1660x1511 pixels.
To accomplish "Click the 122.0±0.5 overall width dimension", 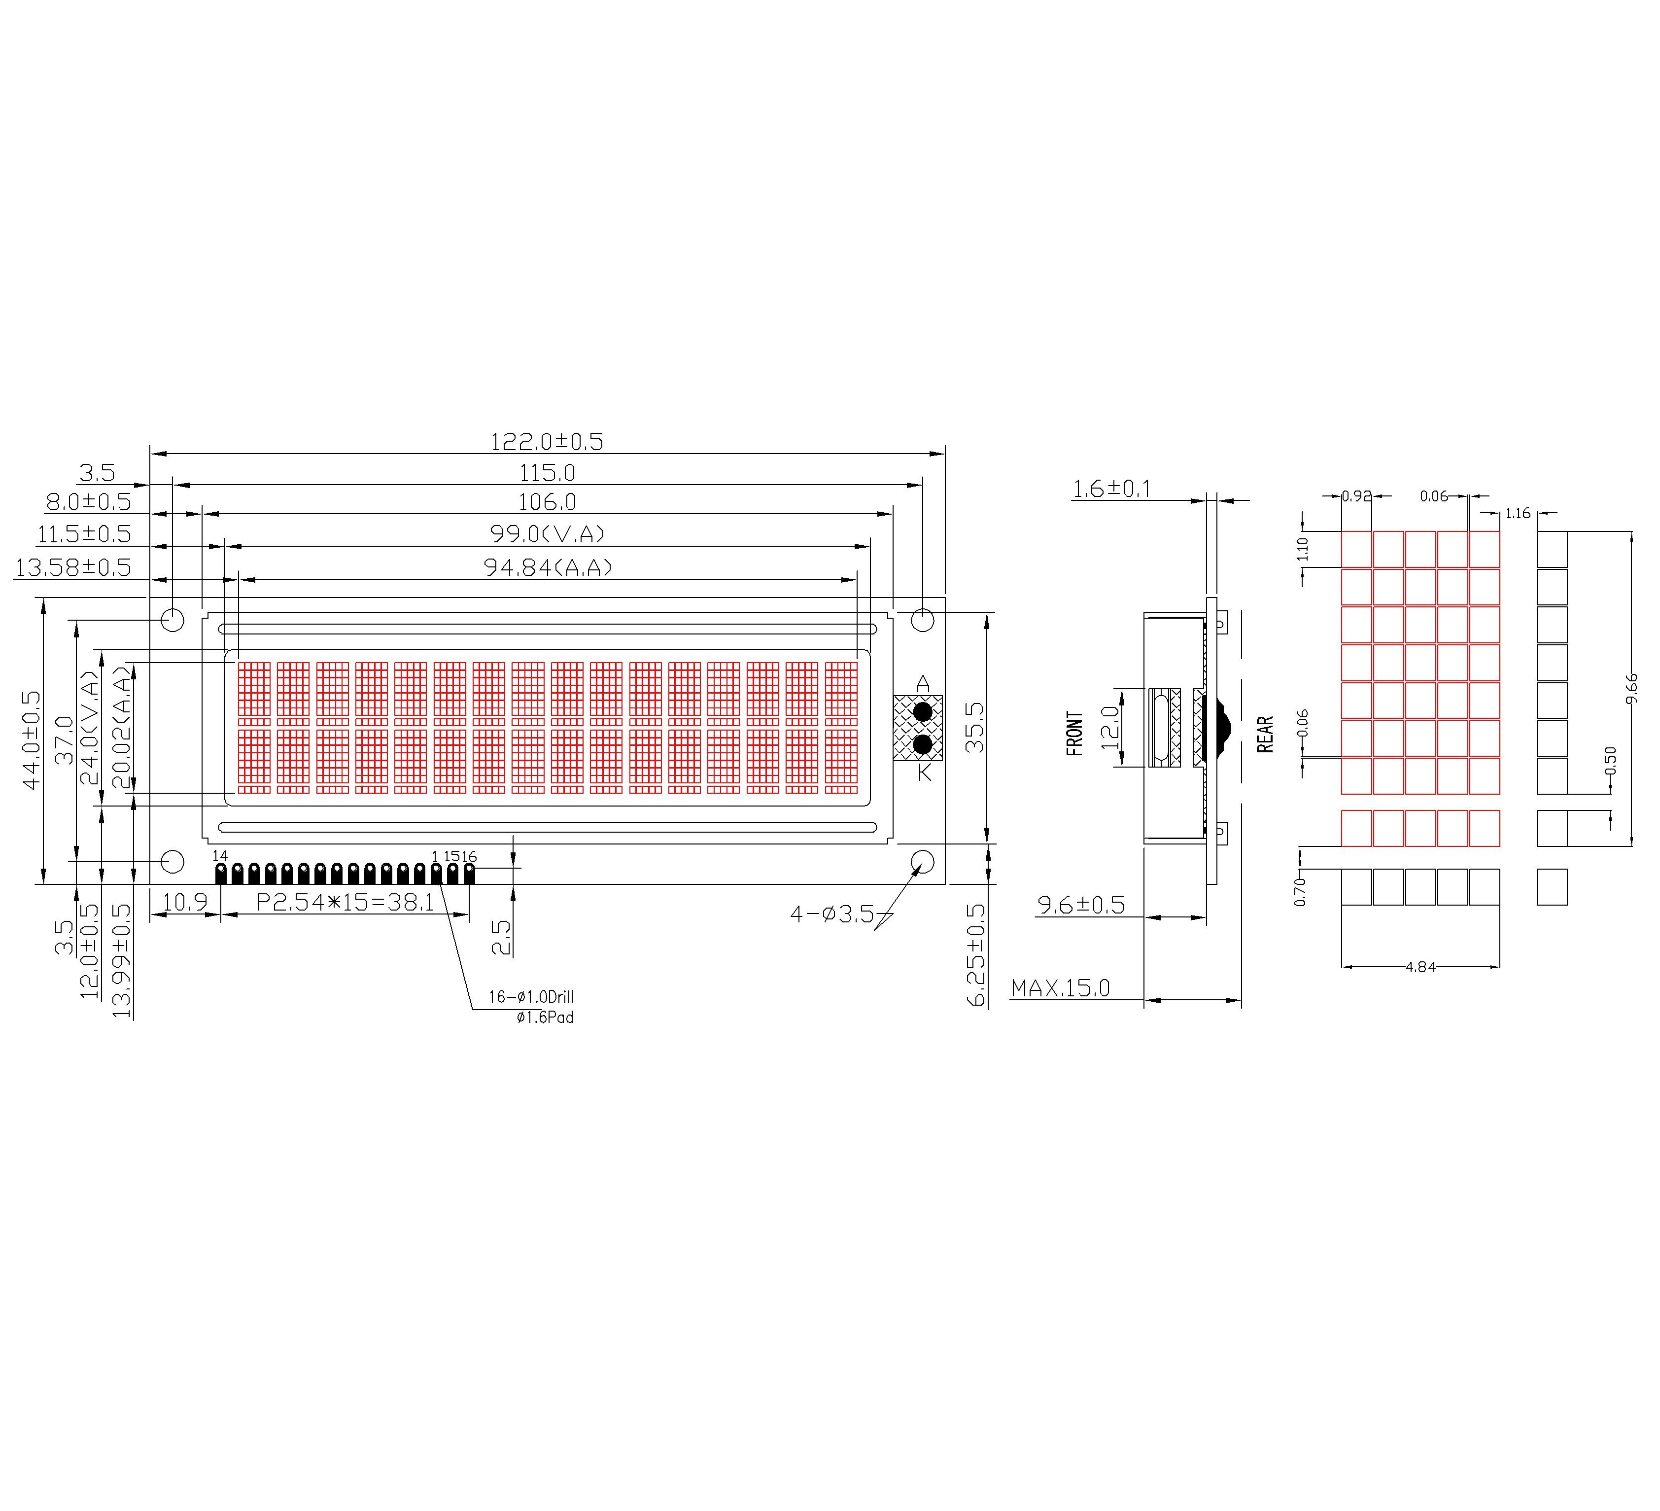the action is [x=547, y=442].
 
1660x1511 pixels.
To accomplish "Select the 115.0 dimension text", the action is [x=547, y=473].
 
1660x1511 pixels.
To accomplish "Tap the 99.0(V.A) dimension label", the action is [x=547, y=534].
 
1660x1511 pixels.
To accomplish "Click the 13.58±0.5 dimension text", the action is [x=73, y=567].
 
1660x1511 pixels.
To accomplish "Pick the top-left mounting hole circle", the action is [x=172, y=619].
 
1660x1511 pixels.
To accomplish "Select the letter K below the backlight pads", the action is [x=924, y=773].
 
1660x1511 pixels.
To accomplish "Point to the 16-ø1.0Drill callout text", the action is [x=531, y=997].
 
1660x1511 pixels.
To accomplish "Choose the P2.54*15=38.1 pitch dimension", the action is [x=345, y=903].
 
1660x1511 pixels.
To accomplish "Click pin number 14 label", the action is [x=220, y=856].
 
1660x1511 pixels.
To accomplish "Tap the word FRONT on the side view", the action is [x=1074, y=733].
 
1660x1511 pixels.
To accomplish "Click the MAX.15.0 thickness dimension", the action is [x=1061, y=988].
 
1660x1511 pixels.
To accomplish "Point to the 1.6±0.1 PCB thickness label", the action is [x=1111, y=489].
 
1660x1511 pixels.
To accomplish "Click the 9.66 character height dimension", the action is [x=1632, y=688].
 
